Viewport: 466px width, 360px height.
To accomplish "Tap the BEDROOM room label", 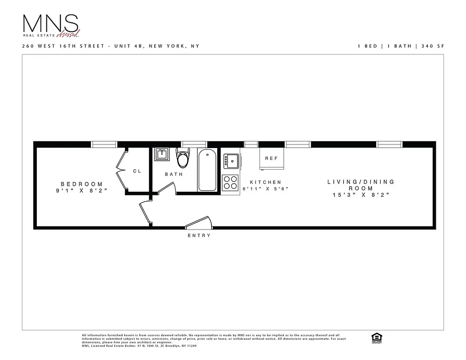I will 82,184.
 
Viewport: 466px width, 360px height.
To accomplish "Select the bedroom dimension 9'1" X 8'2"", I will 82,191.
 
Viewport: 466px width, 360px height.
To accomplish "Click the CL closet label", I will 137,171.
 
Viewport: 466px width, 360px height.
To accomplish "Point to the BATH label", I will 174,174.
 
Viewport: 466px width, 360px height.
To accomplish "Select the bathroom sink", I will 161,154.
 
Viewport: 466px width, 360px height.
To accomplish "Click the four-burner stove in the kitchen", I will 230,183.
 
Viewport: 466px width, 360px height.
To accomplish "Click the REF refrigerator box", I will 271,158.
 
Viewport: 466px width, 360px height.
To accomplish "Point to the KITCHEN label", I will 265,182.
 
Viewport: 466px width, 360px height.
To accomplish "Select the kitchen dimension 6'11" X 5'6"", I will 265,189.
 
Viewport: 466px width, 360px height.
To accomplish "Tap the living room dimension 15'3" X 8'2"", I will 361,195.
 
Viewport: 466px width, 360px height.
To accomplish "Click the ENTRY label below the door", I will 199,236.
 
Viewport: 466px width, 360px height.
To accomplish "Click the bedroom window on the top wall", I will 104,144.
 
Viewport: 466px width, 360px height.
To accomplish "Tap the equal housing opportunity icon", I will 374,337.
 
